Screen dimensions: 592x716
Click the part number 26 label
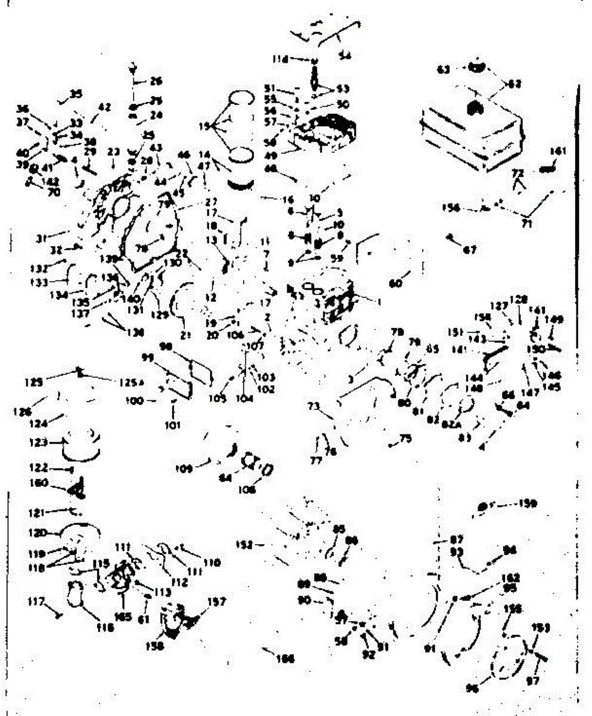[x=156, y=81]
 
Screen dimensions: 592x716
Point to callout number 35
[x=76, y=94]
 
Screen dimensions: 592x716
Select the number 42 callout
[x=104, y=108]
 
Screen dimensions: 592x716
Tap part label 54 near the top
[x=345, y=55]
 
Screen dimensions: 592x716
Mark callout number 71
[x=527, y=224]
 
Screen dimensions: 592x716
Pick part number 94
[x=510, y=550]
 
